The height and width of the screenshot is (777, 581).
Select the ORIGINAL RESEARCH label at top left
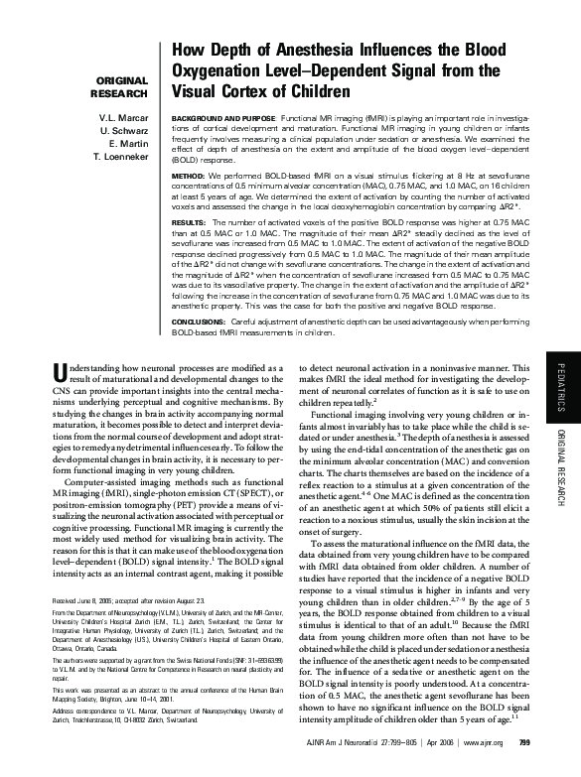118,86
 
